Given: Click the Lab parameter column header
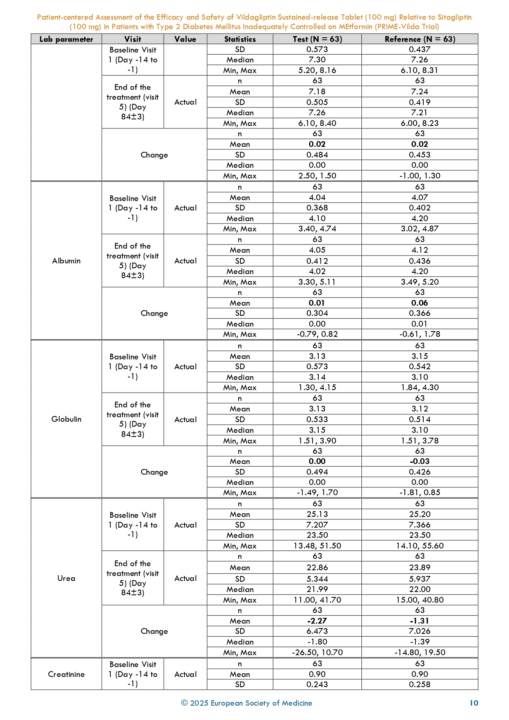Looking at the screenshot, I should [x=66, y=39].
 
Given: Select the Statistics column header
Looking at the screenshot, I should [x=240, y=39].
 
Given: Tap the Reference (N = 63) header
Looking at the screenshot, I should [x=420, y=39].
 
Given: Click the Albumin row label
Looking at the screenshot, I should [x=66, y=261].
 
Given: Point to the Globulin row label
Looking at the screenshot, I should [x=66, y=419].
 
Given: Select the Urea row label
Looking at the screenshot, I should [x=66, y=578].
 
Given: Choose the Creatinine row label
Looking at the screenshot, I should [x=66, y=674].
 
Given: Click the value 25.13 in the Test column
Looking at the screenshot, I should [x=317, y=514].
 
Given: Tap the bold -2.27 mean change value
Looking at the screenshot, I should [x=317, y=621].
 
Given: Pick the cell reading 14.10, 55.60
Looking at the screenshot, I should [x=420, y=546].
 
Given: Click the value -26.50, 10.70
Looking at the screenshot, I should [x=317, y=653].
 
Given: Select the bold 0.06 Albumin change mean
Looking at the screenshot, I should [x=420, y=303].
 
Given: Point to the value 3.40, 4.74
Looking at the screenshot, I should [x=317, y=229].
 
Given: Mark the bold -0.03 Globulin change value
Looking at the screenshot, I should [x=420, y=462].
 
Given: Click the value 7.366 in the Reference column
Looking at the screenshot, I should [x=420, y=525].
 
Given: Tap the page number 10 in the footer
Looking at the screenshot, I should [x=474, y=703].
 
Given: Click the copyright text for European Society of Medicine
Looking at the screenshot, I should [x=247, y=703].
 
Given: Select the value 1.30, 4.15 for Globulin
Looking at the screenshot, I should [x=317, y=388].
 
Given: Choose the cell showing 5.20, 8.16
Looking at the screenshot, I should [x=317, y=71].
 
